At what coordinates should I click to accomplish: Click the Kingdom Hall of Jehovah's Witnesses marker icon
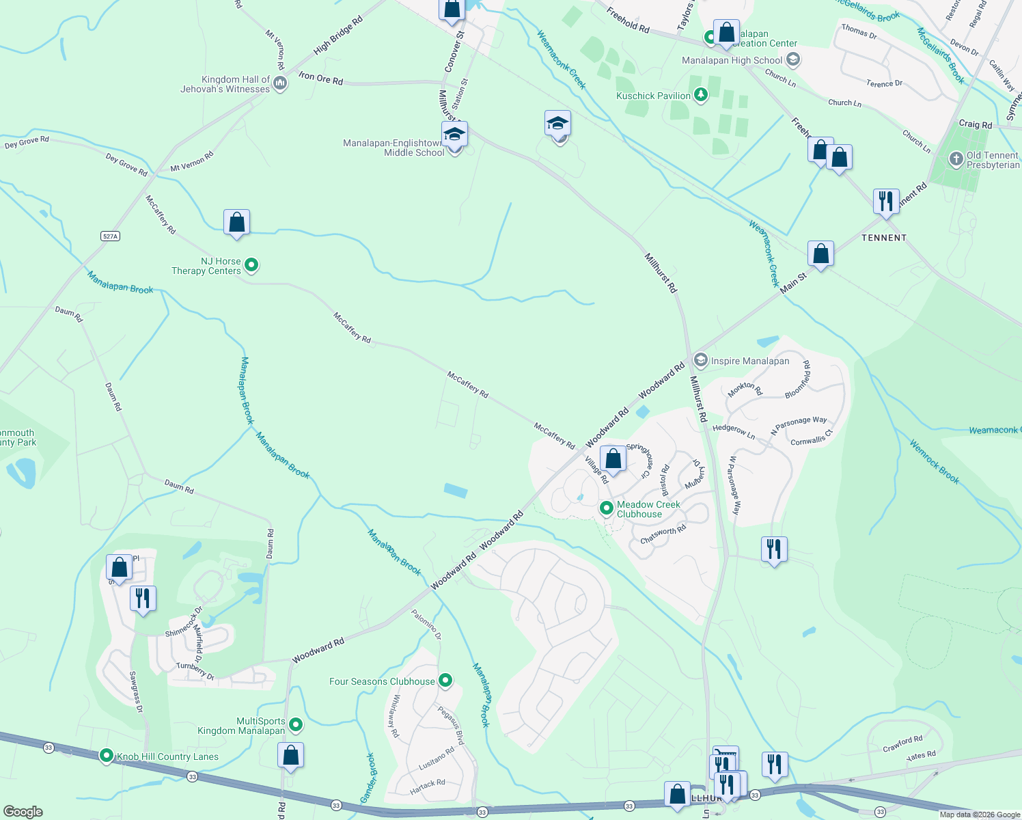point(279,84)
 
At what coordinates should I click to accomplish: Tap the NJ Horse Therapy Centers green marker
point(251,265)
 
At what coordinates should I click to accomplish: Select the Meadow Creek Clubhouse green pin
point(606,508)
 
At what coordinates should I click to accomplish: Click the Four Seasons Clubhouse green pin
point(445,681)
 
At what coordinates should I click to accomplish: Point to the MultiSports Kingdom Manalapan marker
point(296,724)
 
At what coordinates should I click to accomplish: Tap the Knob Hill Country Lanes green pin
point(107,756)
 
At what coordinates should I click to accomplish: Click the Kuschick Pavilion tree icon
point(700,95)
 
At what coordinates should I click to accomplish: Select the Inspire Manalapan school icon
point(700,360)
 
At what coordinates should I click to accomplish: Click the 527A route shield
point(110,236)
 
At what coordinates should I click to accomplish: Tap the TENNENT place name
point(884,238)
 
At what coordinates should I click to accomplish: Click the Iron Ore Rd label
point(320,79)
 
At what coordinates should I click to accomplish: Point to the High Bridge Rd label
point(338,36)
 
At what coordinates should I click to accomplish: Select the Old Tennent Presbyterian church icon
point(956,159)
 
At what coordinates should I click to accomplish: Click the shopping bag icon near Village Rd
point(613,459)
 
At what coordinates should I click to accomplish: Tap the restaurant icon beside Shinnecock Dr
point(143,599)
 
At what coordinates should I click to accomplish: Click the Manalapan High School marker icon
point(793,60)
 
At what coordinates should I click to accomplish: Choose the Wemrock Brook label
point(935,463)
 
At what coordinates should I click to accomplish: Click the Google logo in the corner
point(23,811)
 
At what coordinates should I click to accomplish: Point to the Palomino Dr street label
point(426,624)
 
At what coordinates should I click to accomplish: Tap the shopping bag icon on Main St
point(820,254)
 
